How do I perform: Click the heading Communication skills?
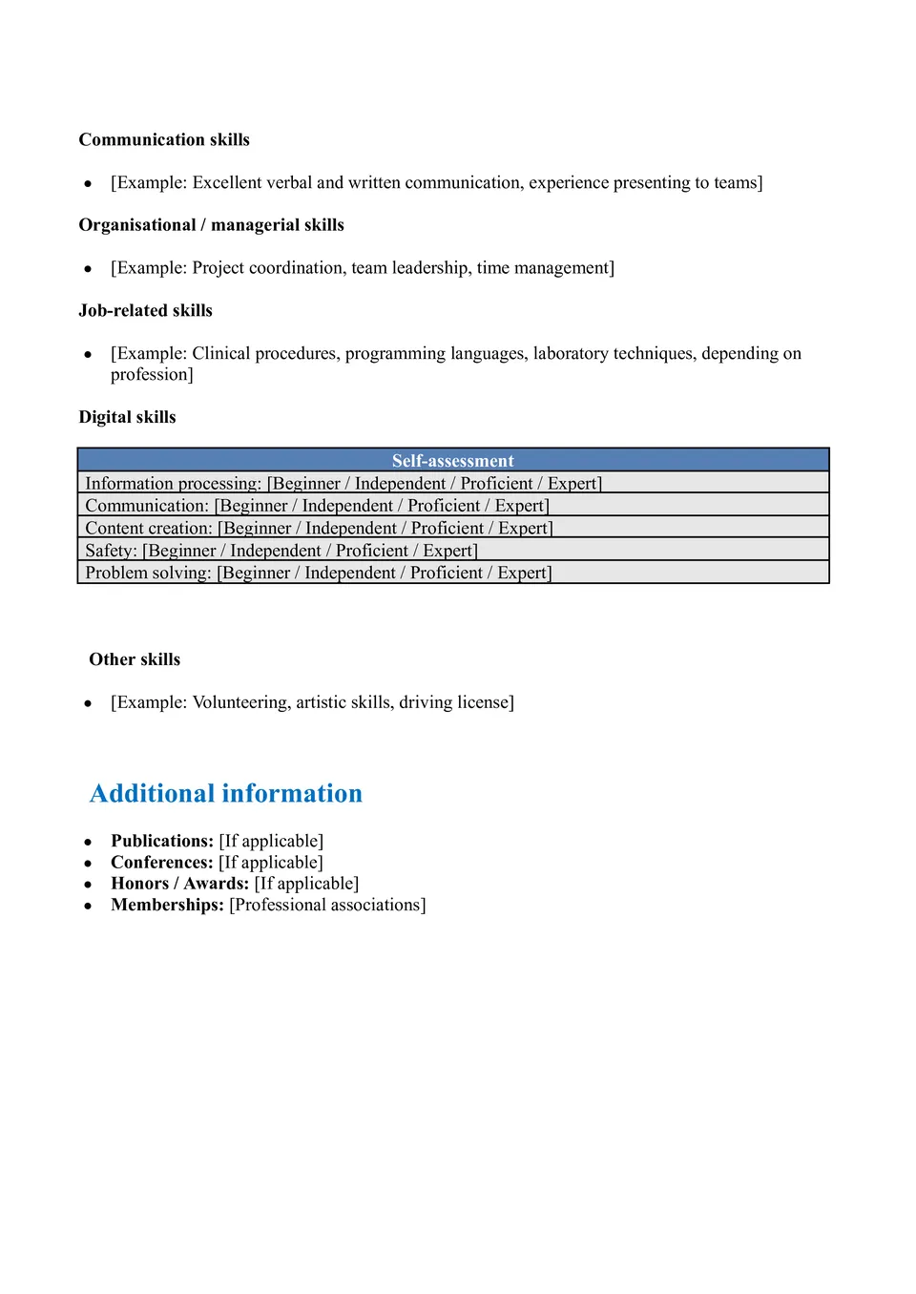pyautogui.click(x=164, y=139)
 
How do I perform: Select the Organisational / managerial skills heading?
pyautogui.click(x=211, y=225)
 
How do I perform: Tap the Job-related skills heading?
pyautogui.click(x=145, y=310)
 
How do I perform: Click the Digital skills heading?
pyautogui.click(x=127, y=417)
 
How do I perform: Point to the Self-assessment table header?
pyautogui.click(x=452, y=461)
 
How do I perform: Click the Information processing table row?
pyautogui.click(x=343, y=484)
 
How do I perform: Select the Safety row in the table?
pyautogui.click(x=281, y=551)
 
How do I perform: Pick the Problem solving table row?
pyautogui.click(x=319, y=573)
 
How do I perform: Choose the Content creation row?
pyautogui.click(x=319, y=529)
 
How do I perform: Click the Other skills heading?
pyautogui.click(x=135, y=659)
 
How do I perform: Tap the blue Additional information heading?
pyautogui.click(x=226, y=794)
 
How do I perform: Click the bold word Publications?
pyautogui.click(x=161, y=841)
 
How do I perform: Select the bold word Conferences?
pyautogui.click(x=161, y=863)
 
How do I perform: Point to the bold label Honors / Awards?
pyautogui.click(x=179, y=884)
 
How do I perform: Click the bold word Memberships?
pyautogui.click(x=167, y=905)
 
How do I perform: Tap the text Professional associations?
pyautogui.click(x=327, y=905)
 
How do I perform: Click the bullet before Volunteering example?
pyautogui.click(x=88, y=703)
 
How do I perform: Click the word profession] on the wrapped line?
pyautogui.click(x=152, y=375)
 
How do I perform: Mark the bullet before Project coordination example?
pyautogui.click(x=88, y=269)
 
